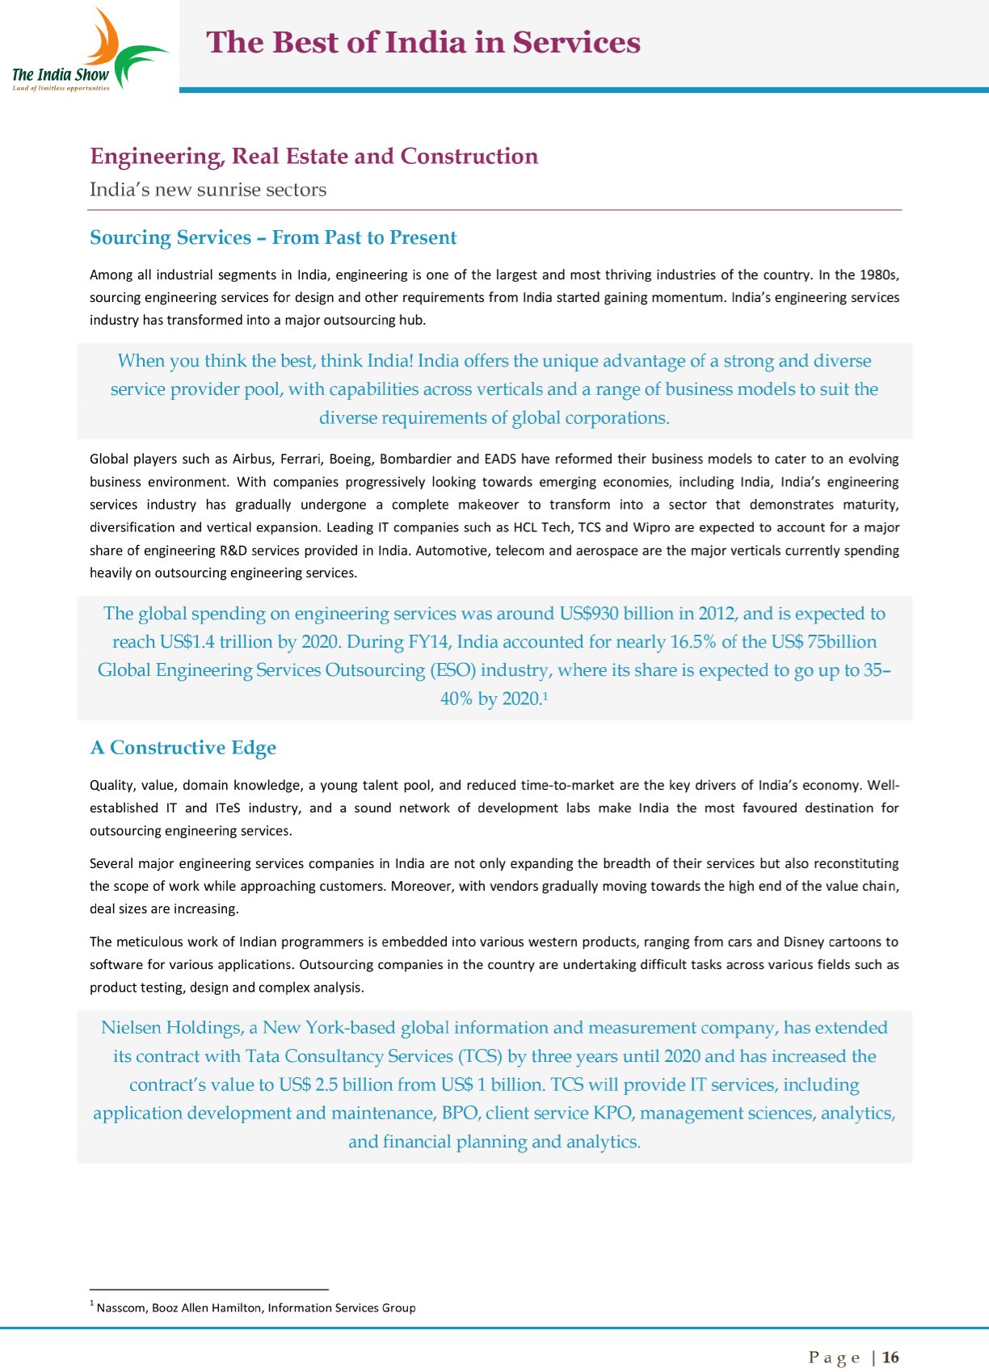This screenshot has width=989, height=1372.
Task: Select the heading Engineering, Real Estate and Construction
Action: pos(314,156)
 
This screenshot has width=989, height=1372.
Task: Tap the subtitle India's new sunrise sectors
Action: pos(208,190)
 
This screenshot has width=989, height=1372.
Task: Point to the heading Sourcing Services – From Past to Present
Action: pos(273,237)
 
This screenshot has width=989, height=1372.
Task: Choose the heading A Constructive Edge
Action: pos(183,748)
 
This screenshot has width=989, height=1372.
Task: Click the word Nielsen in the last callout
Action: pos(131,1028)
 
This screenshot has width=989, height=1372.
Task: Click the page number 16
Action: pos(890,1357)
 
